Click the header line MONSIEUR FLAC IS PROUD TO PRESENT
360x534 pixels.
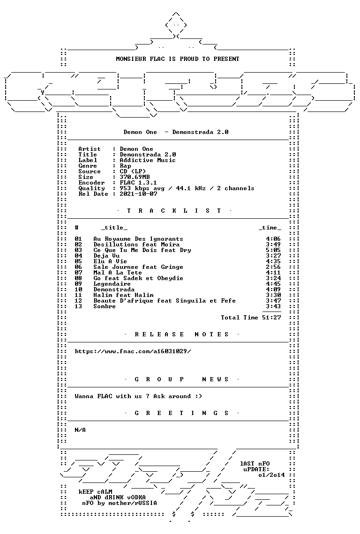[178, 59]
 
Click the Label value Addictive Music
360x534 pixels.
[148, 160]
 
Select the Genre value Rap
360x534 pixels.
[125, 166]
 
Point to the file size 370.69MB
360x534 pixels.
[135, 177]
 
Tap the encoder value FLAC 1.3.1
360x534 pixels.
[138, 183]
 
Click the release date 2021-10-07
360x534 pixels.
[138, 194]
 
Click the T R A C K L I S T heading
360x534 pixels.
[174, 211]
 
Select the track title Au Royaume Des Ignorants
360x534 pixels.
[138, 239]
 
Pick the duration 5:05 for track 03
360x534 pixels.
[273, 250]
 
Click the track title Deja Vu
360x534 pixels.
[106, 256]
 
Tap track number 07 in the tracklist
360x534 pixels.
[78, 273]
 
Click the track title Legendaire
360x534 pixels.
[112, 284]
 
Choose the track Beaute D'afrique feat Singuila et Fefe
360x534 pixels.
[165, 301]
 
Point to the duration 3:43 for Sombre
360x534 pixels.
[273, 306]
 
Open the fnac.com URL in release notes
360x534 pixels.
[133, 351]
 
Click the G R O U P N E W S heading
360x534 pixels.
[181, 379]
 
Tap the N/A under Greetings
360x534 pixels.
[80, 430]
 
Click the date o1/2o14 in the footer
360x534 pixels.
[271, 475]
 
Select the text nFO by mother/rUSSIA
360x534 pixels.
[120, 503]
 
